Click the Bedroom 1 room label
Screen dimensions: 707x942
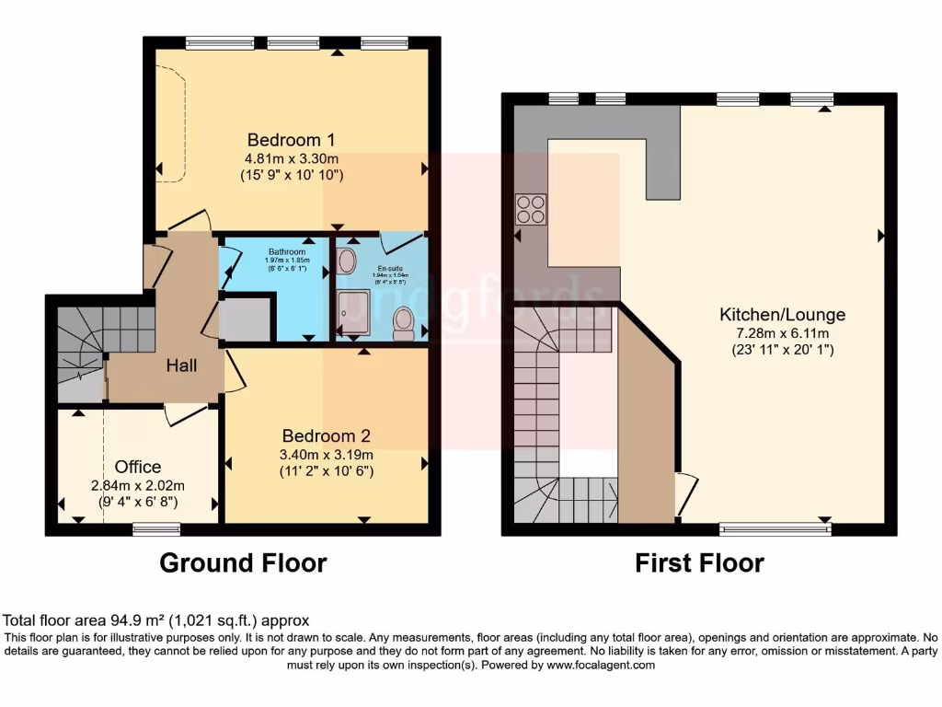[291, 140]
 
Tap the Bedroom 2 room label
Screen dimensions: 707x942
[326, 435]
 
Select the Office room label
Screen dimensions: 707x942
[138, 467]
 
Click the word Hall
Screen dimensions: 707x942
[181, 365]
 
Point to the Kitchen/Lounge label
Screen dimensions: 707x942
[782, 315]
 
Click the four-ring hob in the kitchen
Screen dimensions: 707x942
[531, 210]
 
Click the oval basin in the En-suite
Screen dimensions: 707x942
[347, 261]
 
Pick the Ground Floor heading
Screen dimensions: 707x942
[243, 562]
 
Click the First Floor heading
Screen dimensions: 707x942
[699, 562]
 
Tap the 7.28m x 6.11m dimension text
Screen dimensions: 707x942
[782, 332]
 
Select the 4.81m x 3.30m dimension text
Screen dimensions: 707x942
[291, 158]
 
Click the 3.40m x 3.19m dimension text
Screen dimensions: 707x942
[326, 454]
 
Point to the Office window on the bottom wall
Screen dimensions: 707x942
[155, 529]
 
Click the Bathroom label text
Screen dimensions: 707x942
[287, 251]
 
